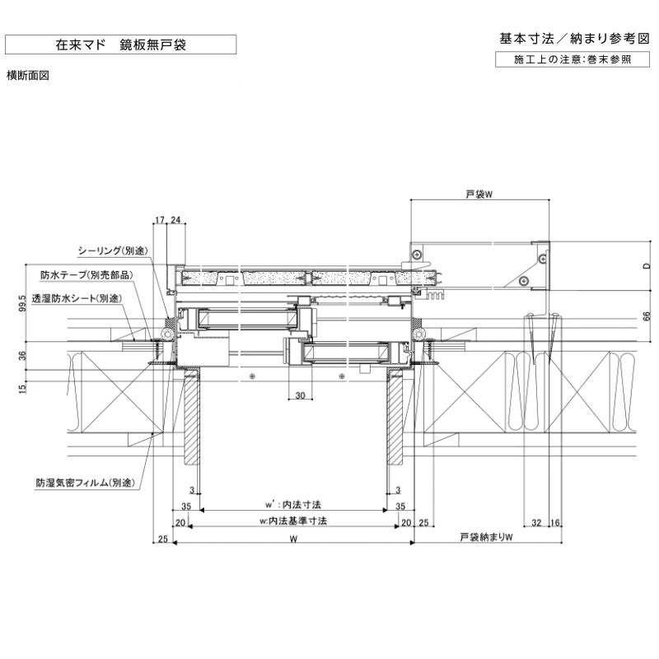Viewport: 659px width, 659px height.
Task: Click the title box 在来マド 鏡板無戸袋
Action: [x=120, y=44]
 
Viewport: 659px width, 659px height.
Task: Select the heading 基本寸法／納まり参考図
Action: [x=574, y=39]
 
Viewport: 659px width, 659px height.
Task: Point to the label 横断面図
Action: [x=29, y=75]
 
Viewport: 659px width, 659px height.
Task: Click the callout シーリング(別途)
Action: [x=112, y=250]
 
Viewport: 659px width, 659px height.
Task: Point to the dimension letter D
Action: [x=647, y=265]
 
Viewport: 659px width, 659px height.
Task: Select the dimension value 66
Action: [x=647, y=315]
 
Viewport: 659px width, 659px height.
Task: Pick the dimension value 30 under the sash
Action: [x=300, y=396]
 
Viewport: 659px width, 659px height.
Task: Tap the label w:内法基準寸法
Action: [x=293, y=521]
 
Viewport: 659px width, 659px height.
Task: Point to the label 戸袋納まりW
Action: [x=486, y=538]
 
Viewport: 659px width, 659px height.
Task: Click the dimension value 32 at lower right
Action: [x=536, y=522]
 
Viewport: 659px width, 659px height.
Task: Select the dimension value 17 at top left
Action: [x=160, y=220]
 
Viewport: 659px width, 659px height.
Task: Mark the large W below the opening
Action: [x=293, y=538]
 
